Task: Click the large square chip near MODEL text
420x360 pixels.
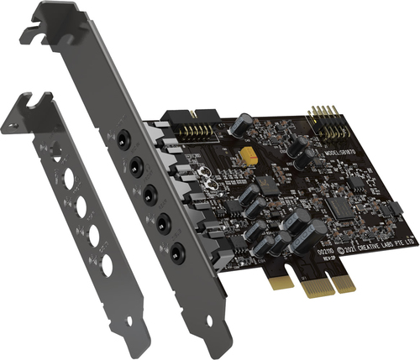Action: pyautogui.click(x=339, y=206)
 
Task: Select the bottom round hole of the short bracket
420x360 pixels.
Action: pyautogui.click(x=107, y=266)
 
